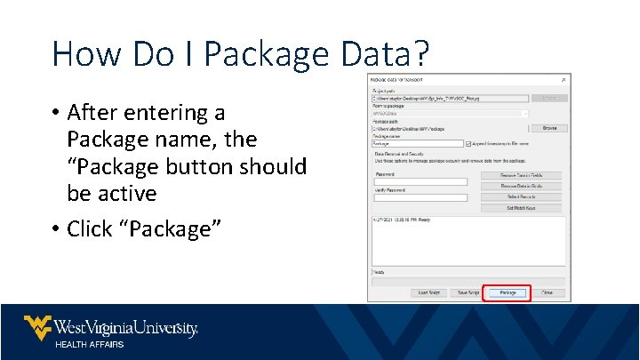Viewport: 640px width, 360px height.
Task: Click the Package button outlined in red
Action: point(507,292)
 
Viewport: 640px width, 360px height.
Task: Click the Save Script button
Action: point(467,292)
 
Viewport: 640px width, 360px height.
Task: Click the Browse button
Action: point(549,128)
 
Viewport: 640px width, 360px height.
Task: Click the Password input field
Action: point(418,181)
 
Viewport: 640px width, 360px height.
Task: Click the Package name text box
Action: point(417,143)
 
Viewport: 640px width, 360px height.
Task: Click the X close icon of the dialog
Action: point(563,80)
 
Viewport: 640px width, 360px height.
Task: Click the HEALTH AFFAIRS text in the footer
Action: point(90,344)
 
